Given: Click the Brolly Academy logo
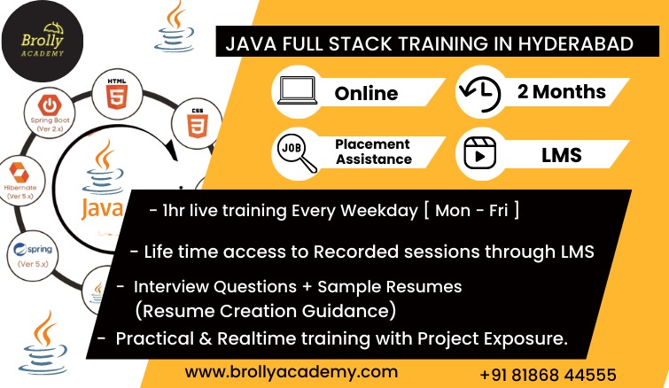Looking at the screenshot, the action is [x=42, y=41].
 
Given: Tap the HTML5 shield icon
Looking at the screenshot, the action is [x=117, y=97].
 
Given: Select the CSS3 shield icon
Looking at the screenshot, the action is [x=198, y=126].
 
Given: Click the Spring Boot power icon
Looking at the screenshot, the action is [x=50, y=105].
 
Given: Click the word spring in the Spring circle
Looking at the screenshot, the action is [x=40, y=250].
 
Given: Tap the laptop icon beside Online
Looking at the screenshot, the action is [x=298, y=90].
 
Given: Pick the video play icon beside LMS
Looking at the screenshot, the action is [x=480, y=153].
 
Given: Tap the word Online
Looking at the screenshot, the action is [x=366, y=93].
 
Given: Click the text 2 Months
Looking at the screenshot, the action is [x=562, y=91].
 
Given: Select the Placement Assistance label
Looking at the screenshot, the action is [x=373, y=151].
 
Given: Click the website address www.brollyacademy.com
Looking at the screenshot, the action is [x=292, y=372].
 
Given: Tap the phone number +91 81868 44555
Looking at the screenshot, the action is [x=548, y=376].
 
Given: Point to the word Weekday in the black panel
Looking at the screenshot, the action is [x=379, y=211].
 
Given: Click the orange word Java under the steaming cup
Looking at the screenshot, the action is [x=103, y=209].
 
